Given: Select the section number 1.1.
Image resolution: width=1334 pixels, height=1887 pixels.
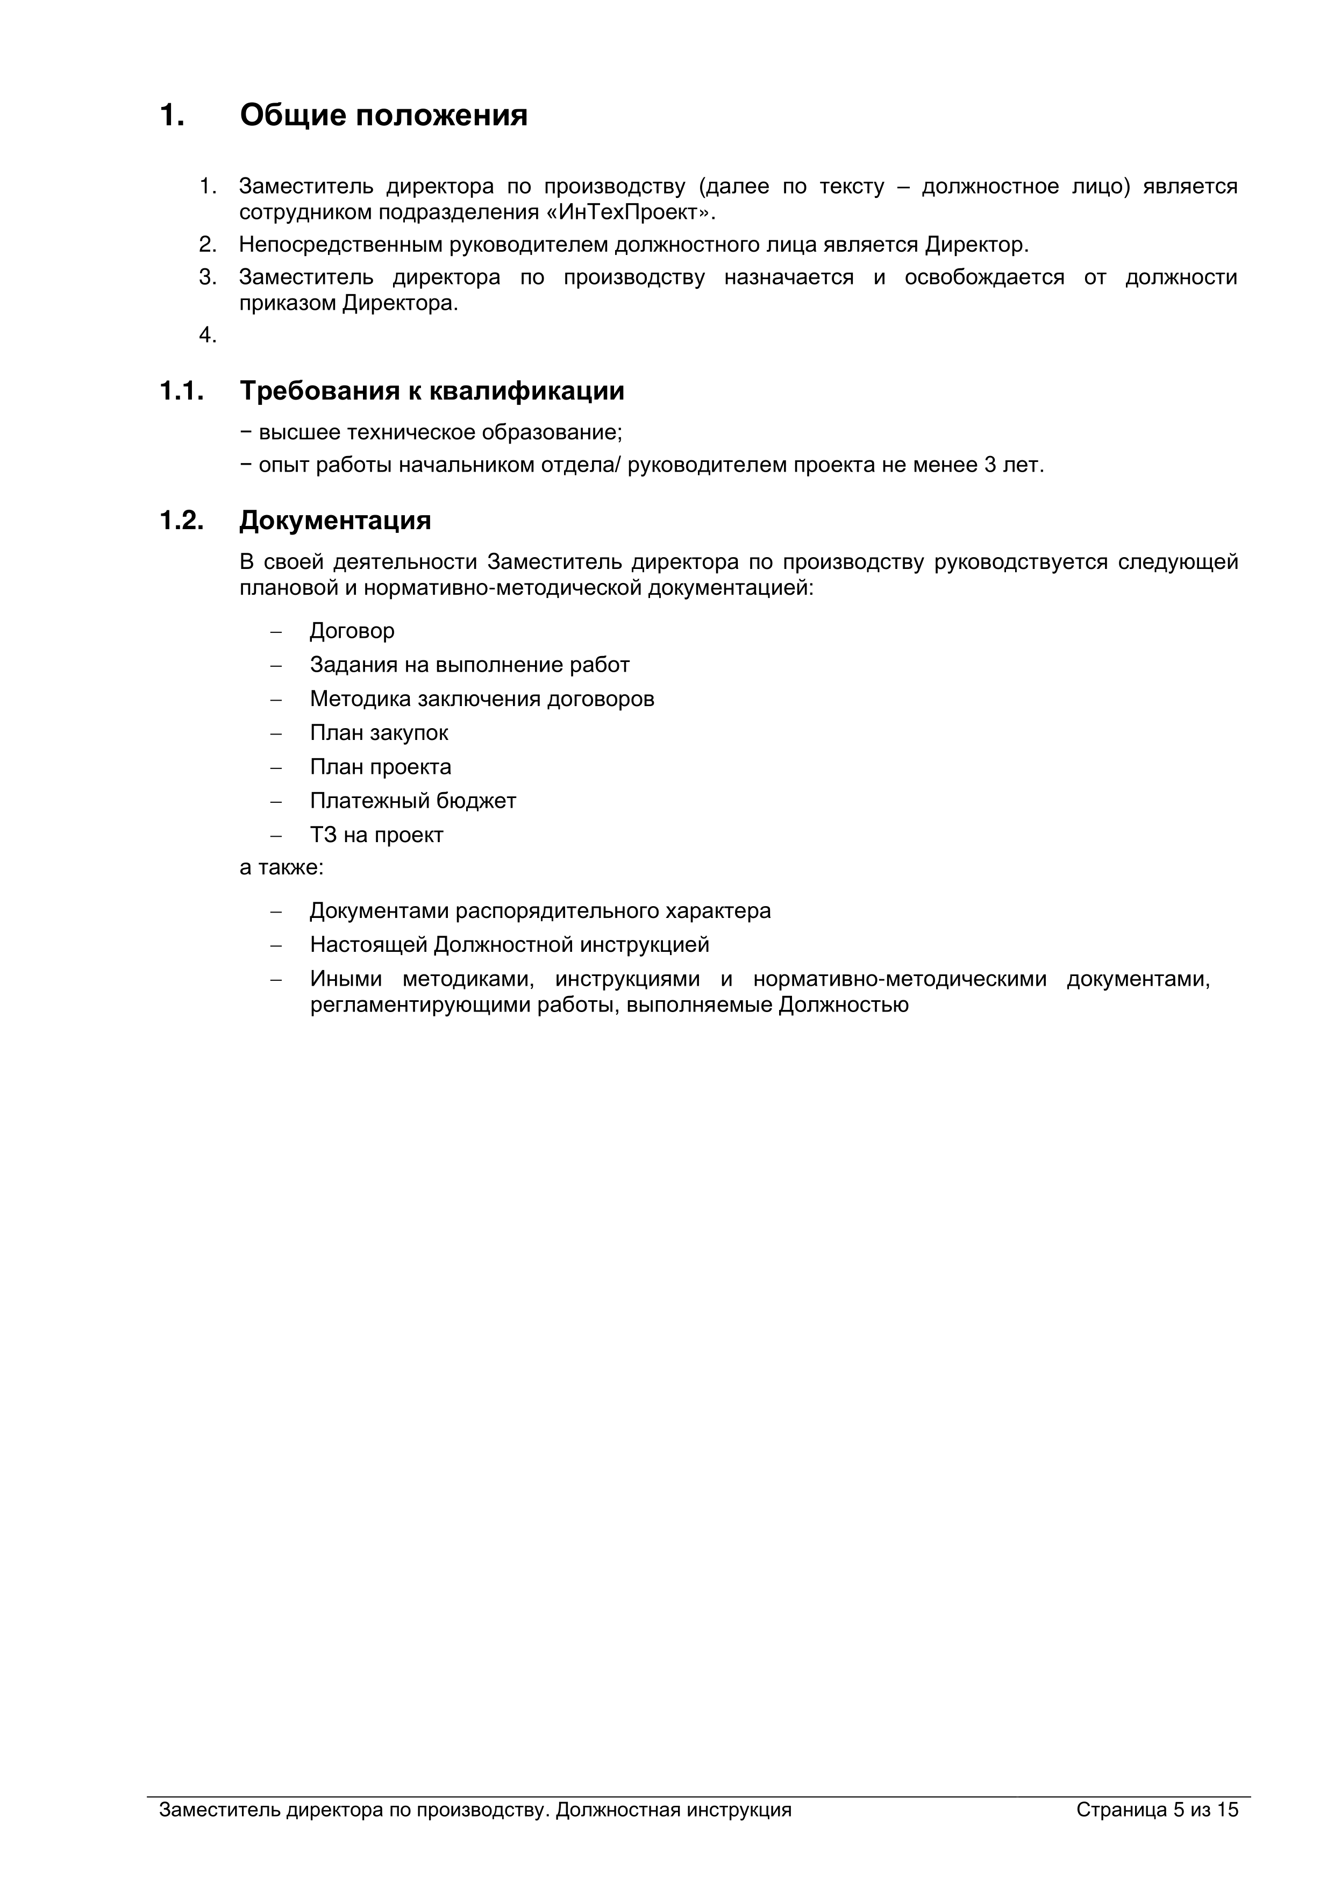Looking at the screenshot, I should click(x=181, y=391).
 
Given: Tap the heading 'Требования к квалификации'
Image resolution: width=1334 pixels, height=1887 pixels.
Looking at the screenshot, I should click(x=432, y=391).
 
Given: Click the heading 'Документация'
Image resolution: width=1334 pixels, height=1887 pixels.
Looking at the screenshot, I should click(x=336, y=520).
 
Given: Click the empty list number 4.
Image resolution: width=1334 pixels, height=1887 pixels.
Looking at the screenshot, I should click(x=207, y=336).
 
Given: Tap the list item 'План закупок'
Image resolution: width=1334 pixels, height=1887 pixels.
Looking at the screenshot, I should click(x=379, y=732).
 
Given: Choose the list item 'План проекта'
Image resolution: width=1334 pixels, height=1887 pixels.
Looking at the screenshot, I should click(x=381, y=767).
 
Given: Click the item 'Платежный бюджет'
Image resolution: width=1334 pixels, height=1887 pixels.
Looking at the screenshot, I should click(x=412, y=801).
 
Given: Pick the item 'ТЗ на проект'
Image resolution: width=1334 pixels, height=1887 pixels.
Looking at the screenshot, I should click(x=376, y=835).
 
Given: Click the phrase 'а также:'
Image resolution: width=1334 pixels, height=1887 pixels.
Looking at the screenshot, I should click(x=281, y=868).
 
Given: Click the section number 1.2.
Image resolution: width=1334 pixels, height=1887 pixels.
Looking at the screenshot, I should click(x=181, y=520).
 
